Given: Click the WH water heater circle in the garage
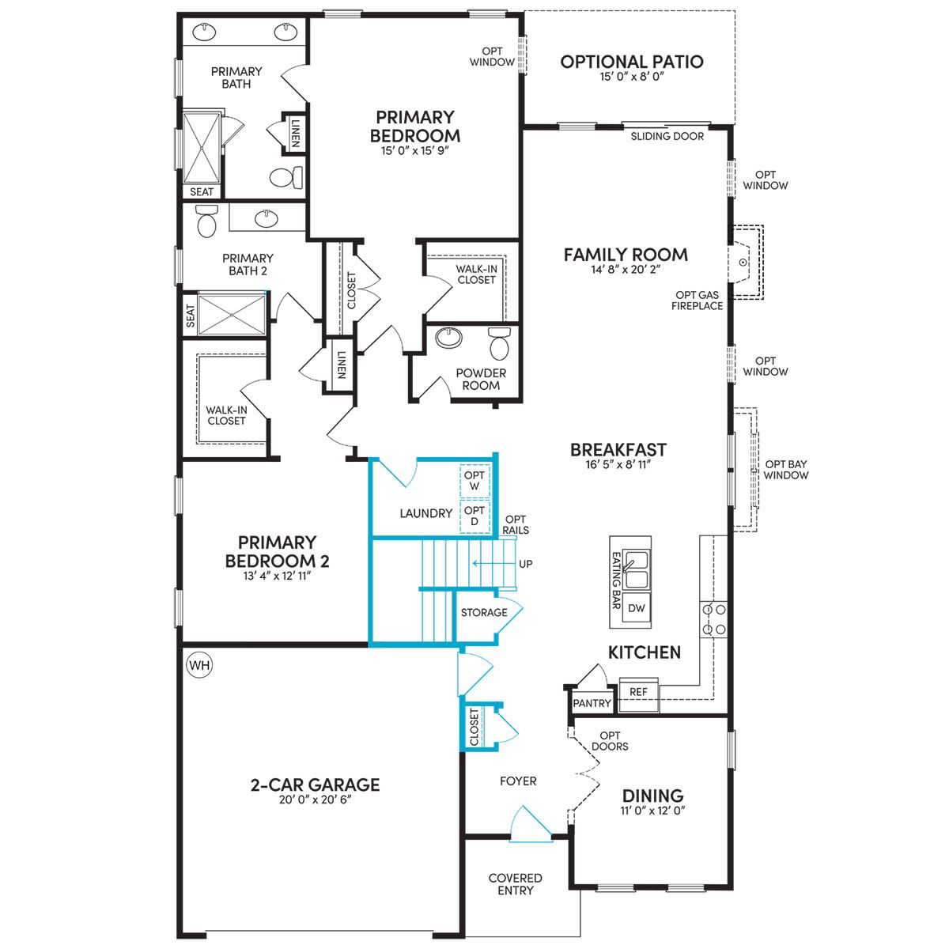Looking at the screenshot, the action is click(199, 665).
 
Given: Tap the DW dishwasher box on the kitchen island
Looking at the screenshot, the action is click(637, 608).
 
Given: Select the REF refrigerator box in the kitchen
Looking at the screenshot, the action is click(638, 693).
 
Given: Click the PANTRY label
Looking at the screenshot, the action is click(592, 703).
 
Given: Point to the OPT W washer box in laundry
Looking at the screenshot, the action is click(475, 481).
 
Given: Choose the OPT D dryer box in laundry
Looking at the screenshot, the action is click(475, 516).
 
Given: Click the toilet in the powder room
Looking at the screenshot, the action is click(499, 343).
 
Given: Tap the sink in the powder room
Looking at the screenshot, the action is click(448, 338).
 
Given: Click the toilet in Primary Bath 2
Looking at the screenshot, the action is click(206, 221).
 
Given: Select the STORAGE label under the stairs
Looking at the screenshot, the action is click(484, 612).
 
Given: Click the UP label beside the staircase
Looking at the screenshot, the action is click(525, 564).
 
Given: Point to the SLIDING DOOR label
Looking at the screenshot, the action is click(667, 136).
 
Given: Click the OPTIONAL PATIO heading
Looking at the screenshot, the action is click(632, 62).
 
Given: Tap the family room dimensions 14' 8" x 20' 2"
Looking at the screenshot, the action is click(626, 270).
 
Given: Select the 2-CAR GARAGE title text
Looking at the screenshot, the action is click(316, 785).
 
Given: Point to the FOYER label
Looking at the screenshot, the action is click(518, 781).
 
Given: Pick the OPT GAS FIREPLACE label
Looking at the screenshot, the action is click(697, 301).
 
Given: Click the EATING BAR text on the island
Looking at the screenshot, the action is click(615, 580).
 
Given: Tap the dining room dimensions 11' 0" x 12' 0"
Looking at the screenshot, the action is click(652, 811).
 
